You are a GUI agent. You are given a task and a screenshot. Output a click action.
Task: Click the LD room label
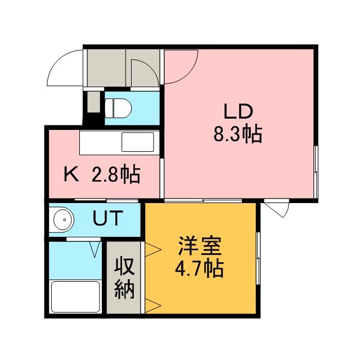click(x=238, y=111)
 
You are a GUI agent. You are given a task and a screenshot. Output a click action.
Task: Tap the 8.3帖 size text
click(x=238, y=134)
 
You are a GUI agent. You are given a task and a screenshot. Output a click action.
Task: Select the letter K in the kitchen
click(x=71, y=174)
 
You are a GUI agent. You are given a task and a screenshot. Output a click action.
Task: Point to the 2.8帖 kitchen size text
click(x=116, y=174)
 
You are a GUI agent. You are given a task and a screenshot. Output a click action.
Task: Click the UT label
click(x=107, y=218)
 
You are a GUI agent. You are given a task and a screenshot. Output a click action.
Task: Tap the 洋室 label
click(x=200, y=246)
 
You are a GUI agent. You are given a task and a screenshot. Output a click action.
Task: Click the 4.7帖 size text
click(x=199, y=269)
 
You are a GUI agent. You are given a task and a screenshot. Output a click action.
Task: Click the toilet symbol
click(x=118, y=108)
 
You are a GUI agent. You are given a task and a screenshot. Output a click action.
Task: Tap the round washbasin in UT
click(x=64, y=219)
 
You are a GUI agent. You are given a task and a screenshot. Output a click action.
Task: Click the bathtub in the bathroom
click(x=75, y=297)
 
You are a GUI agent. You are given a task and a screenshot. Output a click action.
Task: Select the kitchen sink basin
click(x=138, y=142)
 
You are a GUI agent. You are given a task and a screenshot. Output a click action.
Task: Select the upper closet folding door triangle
click(x=153, y=249)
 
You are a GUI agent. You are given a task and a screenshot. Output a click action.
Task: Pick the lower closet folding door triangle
click(x=153, y=305)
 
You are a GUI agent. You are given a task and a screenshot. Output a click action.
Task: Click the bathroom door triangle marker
click(x=95, y=250)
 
